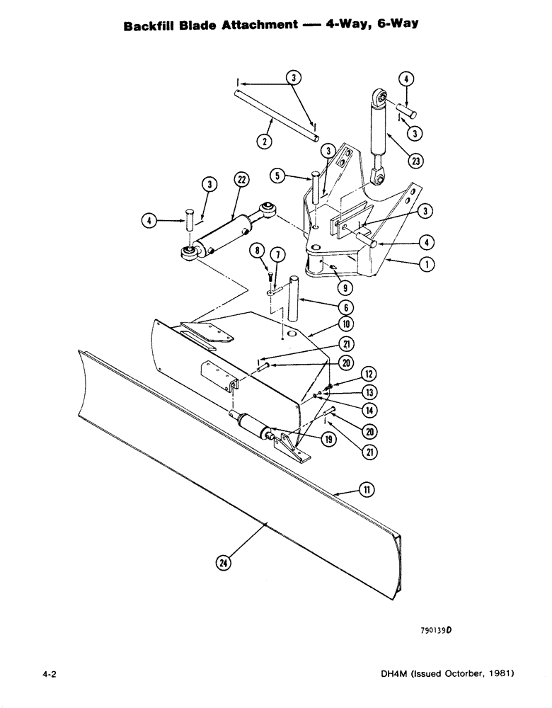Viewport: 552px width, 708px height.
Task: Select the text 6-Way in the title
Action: point(392,25)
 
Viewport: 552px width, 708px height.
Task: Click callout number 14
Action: point(368,411)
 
